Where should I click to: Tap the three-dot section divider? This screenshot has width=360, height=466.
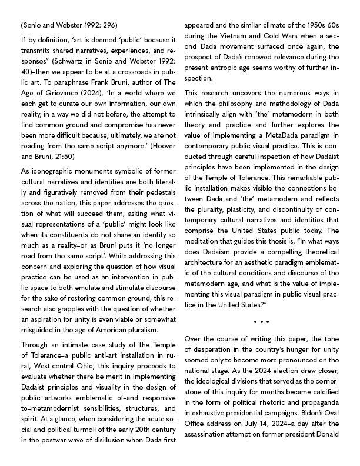tap(262, 321)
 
